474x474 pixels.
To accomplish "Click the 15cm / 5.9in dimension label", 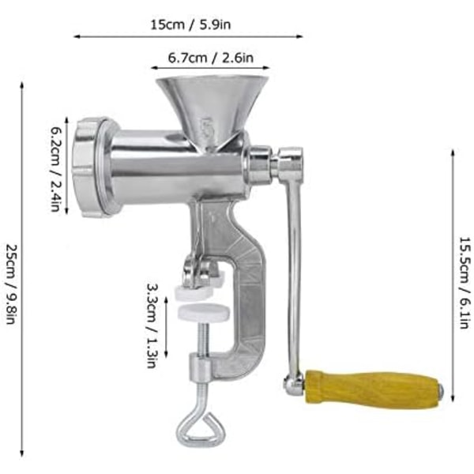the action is (x=190, y=24).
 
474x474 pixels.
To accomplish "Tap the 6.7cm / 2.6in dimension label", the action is (x=211, y=58).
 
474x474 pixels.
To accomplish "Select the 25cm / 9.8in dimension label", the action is (x=11, y=284).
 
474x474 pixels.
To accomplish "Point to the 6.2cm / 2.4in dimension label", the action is (x=55, y=169).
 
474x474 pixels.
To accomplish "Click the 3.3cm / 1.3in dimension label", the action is (x=152, y=325).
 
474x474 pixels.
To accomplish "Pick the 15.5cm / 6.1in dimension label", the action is (x=465, y=283).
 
